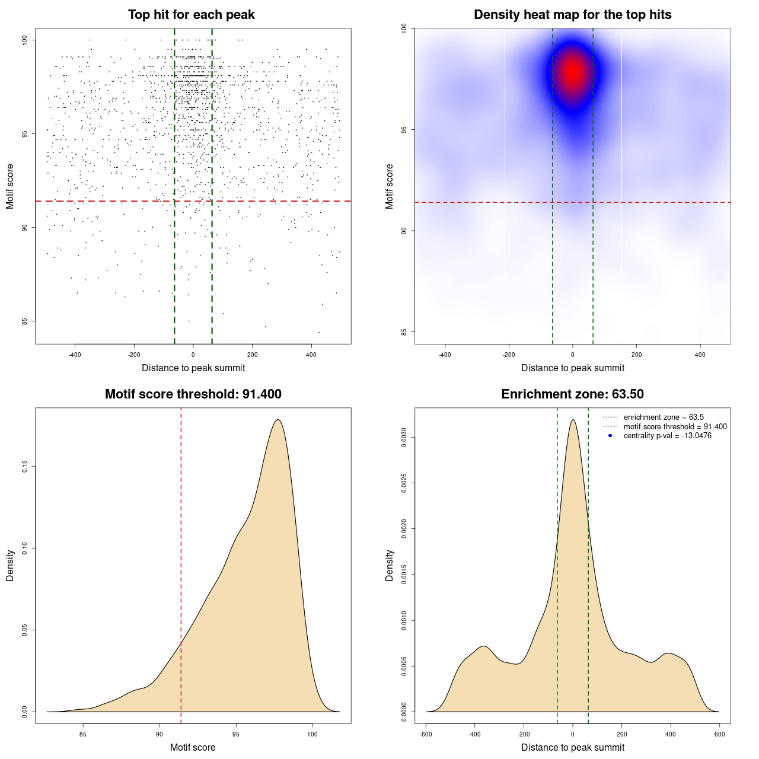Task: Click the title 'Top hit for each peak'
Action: tap(192, 15)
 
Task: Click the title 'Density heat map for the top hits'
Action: tap(572, 15)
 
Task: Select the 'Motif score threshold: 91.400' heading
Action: tap(193, 394)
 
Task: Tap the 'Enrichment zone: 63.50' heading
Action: tap(572, 394)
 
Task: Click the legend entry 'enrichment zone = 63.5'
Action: tap(664, 417)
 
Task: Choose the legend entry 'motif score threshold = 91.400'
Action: tap(675, 427)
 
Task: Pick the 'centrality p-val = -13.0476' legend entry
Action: tap(667, 436)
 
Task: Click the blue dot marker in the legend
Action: tap(610, 436)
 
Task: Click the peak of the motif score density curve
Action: tap(278, 420)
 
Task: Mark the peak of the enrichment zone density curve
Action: tap(573, 420)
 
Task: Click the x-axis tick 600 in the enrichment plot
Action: tap(719, 734)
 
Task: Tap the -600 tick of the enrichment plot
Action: tap(426, 734)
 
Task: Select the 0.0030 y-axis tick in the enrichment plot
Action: tap(404, 438)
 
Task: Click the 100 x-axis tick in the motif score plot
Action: tap(312, 734)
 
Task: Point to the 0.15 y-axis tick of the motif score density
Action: tap(25, 467)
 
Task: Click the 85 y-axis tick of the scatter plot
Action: tap(25, 321)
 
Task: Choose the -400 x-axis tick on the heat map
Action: tap(445, 355)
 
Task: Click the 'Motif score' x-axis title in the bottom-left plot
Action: tap(193, 748)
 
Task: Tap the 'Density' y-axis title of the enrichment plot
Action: tap(390, 566)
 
